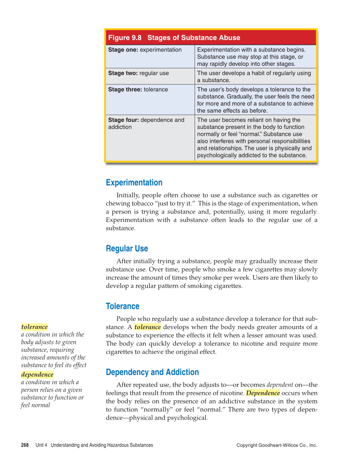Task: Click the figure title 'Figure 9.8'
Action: click(125, 38)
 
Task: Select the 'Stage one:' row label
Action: click(123, 50)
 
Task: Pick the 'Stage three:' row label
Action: click(125, 89)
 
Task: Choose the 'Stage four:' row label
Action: click(123, 120)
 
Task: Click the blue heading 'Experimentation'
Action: click(134, 183)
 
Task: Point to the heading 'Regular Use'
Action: click(127, 248)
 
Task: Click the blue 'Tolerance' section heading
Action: click(122, 306)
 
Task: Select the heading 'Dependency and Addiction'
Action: click(152, 372)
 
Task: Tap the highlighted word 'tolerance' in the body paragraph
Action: click(148, 327)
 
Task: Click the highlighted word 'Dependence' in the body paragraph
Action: click(263, 393)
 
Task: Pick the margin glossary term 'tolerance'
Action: click(35, 327)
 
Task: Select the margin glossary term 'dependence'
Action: click(37, 374)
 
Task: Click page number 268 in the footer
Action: click(25, 445)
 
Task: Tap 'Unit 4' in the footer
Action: click(41, 445)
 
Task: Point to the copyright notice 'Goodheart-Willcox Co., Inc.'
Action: click(288, 445)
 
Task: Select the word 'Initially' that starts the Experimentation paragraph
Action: click(128, 195)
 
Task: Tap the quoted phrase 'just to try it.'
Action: click(173, 203)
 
